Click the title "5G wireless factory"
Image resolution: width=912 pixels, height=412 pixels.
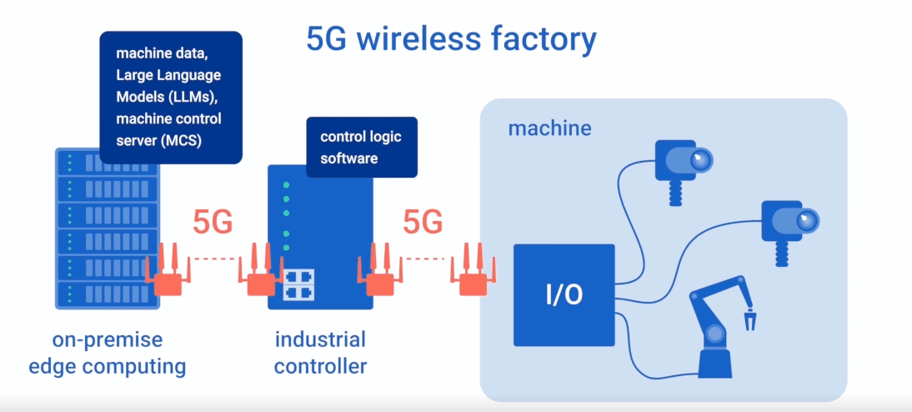pos(451,39)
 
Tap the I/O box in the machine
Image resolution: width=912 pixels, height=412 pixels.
pos(564,295)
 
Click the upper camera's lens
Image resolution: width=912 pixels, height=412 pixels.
pos(700,158)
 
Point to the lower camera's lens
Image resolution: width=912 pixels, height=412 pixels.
pos(804,221)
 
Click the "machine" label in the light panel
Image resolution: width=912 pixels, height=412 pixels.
pos(549,128)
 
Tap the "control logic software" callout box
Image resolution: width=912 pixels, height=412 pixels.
pos(361,146)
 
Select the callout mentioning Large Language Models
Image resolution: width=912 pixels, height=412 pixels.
pos(170,97)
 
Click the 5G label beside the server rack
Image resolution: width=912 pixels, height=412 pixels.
pos(213,223)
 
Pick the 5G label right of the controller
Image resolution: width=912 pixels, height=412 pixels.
pos(423,223)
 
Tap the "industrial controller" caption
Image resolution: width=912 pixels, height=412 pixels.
pos(320,353)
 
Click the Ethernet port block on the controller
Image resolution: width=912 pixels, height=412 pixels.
pos(298,284)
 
